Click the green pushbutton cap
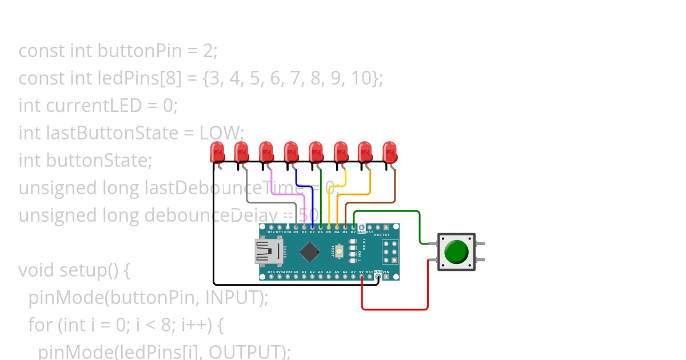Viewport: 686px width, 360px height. tap(456, 251)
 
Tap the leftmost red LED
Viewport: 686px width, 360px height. tap(217, 151)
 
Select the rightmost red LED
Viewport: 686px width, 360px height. tap(389, 151)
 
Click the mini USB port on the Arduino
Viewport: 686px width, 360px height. tap(266, 251)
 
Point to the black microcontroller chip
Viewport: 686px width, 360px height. tap(309, 251)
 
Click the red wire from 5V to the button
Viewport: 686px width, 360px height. tap(394, 309)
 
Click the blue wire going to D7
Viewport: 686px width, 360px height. tap(303, 186)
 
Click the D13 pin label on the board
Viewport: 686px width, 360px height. tap(271, 272)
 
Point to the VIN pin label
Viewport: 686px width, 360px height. tap(386, 272)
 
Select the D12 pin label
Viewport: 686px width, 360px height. tap(271, 232)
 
